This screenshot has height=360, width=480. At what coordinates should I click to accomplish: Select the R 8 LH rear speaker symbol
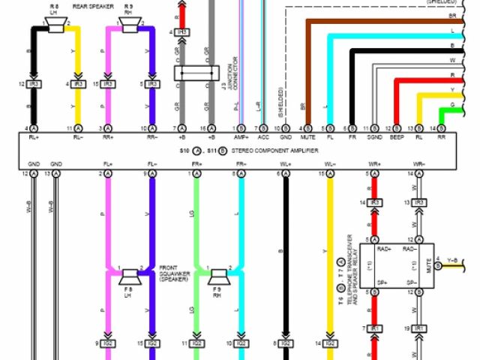coord(55,26)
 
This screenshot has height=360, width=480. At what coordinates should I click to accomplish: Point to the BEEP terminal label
coord(397,138)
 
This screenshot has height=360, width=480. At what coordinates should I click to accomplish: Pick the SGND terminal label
coord(374,138)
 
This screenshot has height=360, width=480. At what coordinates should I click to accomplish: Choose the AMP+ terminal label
coord(241,138)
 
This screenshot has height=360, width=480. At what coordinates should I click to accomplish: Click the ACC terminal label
coord(263,138)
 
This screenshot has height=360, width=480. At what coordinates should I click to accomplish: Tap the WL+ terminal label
coord(286,163)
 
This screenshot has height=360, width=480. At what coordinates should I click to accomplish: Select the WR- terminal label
coord(418,163)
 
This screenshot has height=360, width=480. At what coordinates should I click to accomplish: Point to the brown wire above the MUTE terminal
coord(307,67)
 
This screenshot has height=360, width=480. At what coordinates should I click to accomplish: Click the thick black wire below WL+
coord(285,247)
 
